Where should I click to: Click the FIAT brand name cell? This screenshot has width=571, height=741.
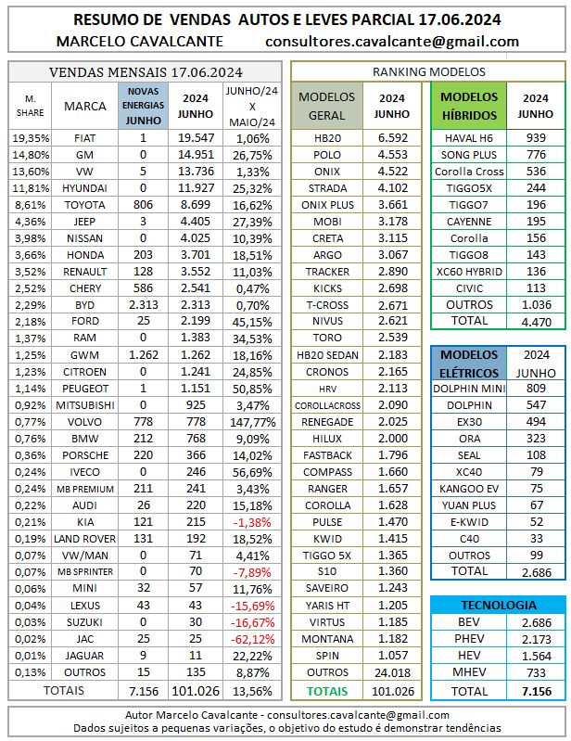pos(85,137)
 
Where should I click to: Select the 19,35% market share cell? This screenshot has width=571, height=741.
pos(32,137)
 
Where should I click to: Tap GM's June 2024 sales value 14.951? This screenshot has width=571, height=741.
pos(196,155)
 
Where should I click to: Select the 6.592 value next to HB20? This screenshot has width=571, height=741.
pos(391,137)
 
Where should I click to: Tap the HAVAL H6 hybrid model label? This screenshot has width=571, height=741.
pos(469,137)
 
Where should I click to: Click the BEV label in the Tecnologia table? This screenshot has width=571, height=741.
pos(469,620)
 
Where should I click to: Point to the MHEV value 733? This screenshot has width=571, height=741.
pos(536,673)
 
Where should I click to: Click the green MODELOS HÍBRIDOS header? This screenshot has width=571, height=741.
pos(469,106)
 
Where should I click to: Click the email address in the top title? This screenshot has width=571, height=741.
pos(391,41)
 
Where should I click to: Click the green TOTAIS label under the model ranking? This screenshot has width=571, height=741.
pos(327,691)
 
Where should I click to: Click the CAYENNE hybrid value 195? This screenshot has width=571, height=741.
pos(536,209)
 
